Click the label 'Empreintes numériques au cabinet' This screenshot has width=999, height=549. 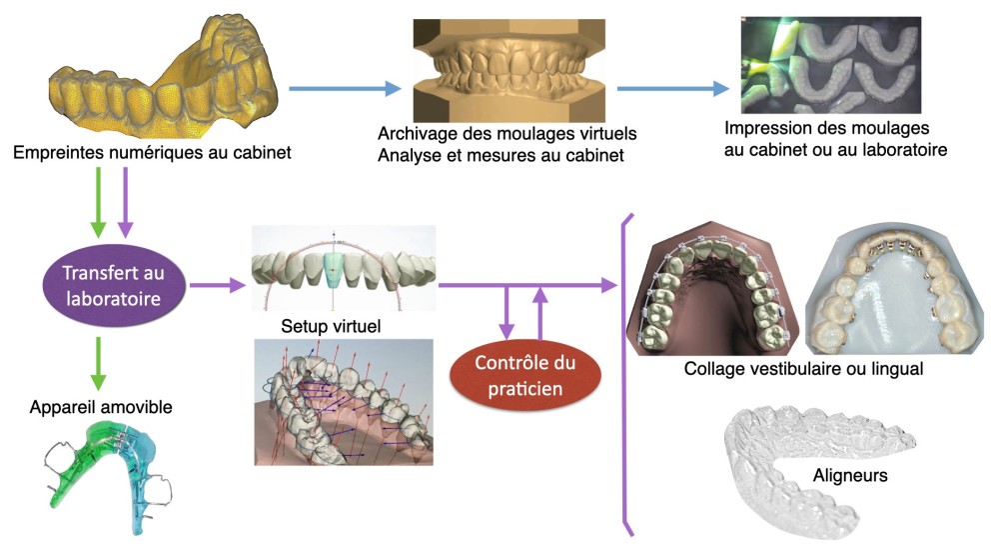[153, 153]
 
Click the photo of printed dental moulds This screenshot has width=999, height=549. [831, 65]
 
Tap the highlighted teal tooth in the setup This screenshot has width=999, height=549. [335, 270]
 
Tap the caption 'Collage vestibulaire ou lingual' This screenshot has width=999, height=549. [803, 368]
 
